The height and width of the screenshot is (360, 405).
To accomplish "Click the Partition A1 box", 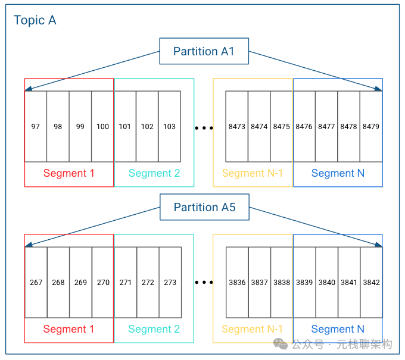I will pos(204,51).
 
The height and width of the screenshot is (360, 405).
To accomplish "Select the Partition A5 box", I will pos(204,207).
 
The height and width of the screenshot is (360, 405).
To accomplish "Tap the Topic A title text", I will pos(35,20).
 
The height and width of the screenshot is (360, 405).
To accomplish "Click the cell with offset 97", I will pos(36,126).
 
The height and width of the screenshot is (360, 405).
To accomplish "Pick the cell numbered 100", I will pos(102,126).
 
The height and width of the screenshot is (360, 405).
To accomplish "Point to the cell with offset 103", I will pos(169,126).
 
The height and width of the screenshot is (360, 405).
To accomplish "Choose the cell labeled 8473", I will pos(237,126).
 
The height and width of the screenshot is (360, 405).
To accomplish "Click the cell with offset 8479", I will pos(371,126).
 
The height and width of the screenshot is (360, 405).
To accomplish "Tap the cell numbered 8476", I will pos(304,126).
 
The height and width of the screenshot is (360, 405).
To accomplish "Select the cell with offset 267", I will pos(36,282).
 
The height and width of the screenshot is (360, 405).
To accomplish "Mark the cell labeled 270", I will pos(103,282).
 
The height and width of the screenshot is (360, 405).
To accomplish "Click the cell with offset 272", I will pos(148,282).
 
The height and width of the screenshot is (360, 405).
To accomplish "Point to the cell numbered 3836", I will pos(237,282).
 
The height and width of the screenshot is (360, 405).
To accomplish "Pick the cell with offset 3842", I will pos(371,282).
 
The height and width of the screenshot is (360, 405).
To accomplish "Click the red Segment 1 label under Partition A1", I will pos(68,173).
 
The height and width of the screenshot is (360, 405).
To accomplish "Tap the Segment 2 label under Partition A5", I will pos(154,329).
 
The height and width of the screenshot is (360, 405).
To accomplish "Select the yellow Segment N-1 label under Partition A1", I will pos(252,173).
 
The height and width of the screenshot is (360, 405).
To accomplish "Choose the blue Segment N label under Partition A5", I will pos(338,329).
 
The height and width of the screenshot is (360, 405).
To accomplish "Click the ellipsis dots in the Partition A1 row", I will pos(204,127).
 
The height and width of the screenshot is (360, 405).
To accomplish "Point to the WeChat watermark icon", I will pos(281,344).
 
